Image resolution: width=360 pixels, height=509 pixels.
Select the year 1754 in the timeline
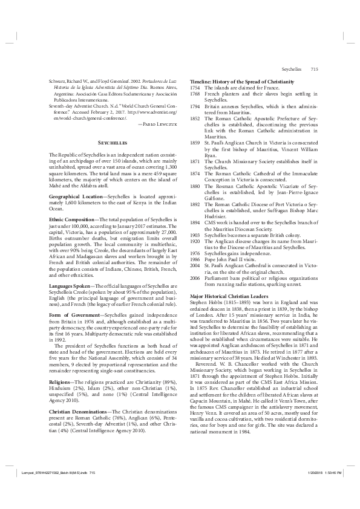(195, 87)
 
